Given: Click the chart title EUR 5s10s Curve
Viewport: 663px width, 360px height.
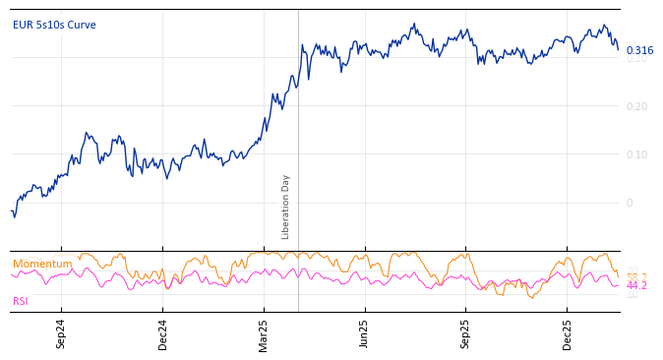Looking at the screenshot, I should pyautogui.click(x=54, y=26).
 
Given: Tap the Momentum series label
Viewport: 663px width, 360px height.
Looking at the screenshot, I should pyautogui.click(x=42, y=264).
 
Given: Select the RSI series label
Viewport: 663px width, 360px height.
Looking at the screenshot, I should pyautogui.click(x=21, y=301).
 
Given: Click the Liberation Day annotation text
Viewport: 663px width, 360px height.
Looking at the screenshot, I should pyautogui.click(x=286, y=207).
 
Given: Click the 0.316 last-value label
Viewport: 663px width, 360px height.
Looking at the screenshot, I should pyautogui.click(x=639, y=50).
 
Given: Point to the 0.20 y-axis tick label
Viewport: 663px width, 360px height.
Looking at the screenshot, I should pyautogui.click(x=637, y=106).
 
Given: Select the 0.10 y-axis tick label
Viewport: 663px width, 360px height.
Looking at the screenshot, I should pyautogui.click(x=637, y=154).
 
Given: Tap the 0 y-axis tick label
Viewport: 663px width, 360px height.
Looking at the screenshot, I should pyautogui.click(x=630, y=203).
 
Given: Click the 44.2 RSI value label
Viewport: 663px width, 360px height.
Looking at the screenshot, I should pyautogui.click(x=636, y=285).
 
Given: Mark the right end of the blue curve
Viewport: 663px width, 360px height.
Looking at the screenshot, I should pyautogui.click(x=619, y=50).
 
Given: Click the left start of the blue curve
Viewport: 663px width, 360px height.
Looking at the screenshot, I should pyautogui.click(x=12, y=210).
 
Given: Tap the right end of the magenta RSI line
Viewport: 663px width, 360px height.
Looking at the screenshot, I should pyautogui.click(x=619, y=285).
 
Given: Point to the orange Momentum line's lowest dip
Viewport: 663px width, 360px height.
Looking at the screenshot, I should pyautogui.click(x=532, y=298).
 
